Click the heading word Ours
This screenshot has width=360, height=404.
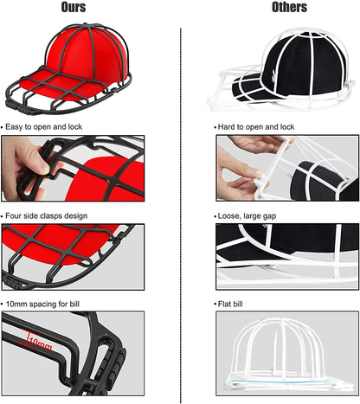coord(74,8)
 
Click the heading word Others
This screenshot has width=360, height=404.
coord(290,8)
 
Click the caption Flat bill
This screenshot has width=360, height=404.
coord(236,305)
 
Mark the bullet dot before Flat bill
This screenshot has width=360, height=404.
coord(216,305)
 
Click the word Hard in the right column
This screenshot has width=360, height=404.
coord(231,126)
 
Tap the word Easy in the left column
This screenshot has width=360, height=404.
coord(16,126)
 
